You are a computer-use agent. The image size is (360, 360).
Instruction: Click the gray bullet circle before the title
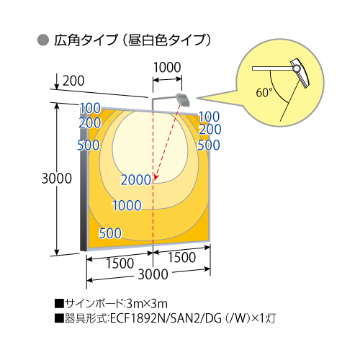pyautogui.click(x=43, y=40)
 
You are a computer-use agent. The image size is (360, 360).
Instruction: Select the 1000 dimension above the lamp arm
pyautogui.click(x=167, y=67)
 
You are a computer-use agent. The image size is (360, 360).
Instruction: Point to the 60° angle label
pyautogui.click(x=264, y=92)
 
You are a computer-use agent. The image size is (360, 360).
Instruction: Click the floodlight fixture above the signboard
pyautogui.click(x=183, y=99)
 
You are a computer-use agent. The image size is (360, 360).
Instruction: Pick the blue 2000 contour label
pyautogui.click(x=135, y=180)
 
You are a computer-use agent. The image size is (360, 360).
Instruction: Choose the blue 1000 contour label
pyautogui.click(x=127, y=206)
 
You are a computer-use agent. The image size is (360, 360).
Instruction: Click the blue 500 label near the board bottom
pyautogui.click(x=110, y=233)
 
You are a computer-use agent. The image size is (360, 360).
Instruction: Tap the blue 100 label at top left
pyautogui.click(x=90, y=108)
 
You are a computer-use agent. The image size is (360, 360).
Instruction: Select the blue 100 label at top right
pyautogui.click(x=210, y=117)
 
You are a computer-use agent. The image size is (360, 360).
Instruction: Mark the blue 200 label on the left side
pyautogui.click(x=90, y=123)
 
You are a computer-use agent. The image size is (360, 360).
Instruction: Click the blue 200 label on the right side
pyautogui.click(x=210, y=129)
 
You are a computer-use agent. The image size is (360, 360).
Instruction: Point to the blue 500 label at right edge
pyautogui.click(x=209, y=145)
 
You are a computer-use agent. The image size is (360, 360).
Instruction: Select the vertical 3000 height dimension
pyautogui.click(x=57, y=179)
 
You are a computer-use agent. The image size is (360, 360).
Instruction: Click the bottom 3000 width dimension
pyautogui.click(x=153, y=274)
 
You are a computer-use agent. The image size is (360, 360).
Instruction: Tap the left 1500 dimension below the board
pyautogui.click(x=120, y=264)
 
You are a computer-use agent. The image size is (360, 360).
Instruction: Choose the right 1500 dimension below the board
pyautogui.click(x=181, y=257)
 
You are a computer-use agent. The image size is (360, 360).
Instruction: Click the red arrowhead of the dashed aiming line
pyautogui.click(x=156, y=177)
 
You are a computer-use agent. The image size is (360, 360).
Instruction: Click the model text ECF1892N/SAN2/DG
pyautogui.click(x=166, y=318)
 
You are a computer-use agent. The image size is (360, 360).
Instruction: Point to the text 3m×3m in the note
pyautogui.click(x=147, y=304)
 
